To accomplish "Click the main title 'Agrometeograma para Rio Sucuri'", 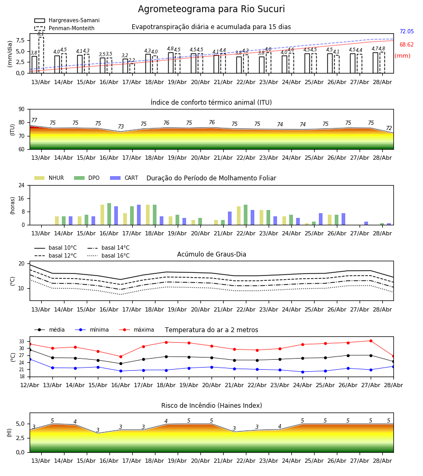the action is click(211, 9).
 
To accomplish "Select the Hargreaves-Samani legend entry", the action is click(67, 20).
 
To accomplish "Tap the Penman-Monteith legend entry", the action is click(65, 28).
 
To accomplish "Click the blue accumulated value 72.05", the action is click(407, 31).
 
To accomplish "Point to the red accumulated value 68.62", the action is click(407, 44).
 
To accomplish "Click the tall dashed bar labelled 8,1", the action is click(41, 55).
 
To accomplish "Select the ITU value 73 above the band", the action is click(121, 126).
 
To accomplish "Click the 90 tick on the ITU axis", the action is click(21, 109).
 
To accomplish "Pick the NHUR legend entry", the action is click(49, 178).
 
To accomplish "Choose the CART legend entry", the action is click(124, 178).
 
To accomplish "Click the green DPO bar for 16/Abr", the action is click(109, 214).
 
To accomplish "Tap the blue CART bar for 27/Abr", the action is click(366, 223).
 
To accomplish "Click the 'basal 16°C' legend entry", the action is click(108, 255).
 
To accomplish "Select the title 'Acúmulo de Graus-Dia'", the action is click(212, 254).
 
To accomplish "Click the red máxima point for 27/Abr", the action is click(371, 341).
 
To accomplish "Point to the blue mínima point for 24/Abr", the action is click(302, 372).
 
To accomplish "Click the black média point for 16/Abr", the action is click(121, 364).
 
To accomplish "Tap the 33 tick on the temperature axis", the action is click(22, 342).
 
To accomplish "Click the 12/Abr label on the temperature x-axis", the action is click(30, 385).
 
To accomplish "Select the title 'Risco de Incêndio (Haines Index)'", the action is click(212, 406).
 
